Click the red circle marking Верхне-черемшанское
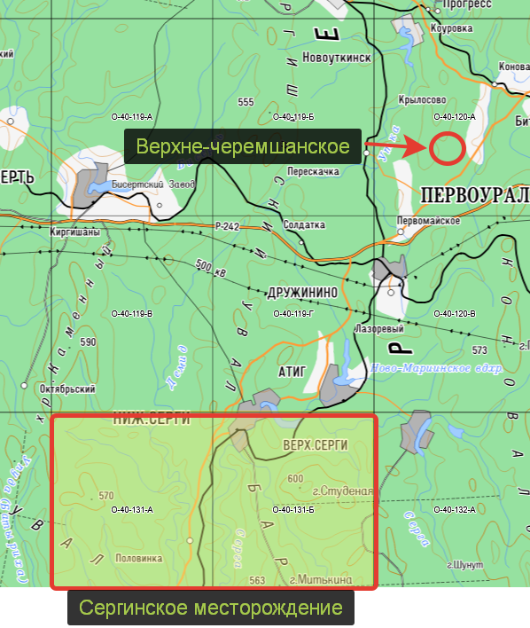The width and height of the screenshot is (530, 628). tap(447, 148)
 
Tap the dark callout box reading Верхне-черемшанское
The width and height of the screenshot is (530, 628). tap(242, 146)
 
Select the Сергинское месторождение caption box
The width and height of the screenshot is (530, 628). tap(211, 608)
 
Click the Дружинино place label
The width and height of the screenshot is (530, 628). tap(301, 291)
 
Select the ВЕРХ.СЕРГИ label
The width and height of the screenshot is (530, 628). tap(315, 444)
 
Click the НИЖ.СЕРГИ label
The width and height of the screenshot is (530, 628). tap(152, 420)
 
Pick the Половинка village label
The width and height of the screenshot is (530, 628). tap(139, 559)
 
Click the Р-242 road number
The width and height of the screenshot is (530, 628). tap(227, 227)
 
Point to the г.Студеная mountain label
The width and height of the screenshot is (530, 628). tap(340, 491)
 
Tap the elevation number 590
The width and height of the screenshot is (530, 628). tap(88, 341)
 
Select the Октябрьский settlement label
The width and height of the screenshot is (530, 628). tap(67, 389)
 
